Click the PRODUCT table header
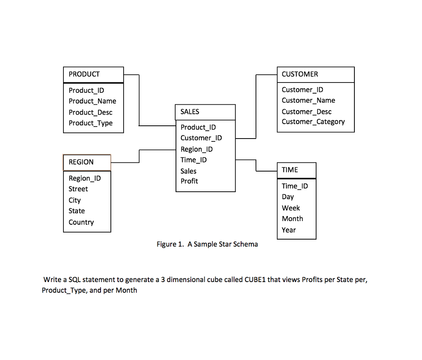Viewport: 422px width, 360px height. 84,74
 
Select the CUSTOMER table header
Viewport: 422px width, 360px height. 300,74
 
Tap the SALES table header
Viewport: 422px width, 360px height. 190,112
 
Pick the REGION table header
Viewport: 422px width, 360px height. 81,162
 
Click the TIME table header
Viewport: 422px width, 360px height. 290,170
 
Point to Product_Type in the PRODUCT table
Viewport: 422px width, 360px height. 91,123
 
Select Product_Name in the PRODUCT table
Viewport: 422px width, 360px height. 92,101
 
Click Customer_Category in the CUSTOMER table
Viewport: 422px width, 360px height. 313,122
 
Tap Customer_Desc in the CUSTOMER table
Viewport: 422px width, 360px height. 307,111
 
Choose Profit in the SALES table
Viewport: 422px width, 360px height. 189,181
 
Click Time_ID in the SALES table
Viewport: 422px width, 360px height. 194,160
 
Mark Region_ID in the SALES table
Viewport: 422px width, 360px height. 197,149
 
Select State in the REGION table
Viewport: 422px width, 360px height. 77,211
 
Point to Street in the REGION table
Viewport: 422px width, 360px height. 78,189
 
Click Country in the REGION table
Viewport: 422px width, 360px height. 81,222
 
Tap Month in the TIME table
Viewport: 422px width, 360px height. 292,219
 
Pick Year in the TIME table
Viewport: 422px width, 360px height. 288,230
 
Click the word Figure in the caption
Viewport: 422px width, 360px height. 166,244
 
